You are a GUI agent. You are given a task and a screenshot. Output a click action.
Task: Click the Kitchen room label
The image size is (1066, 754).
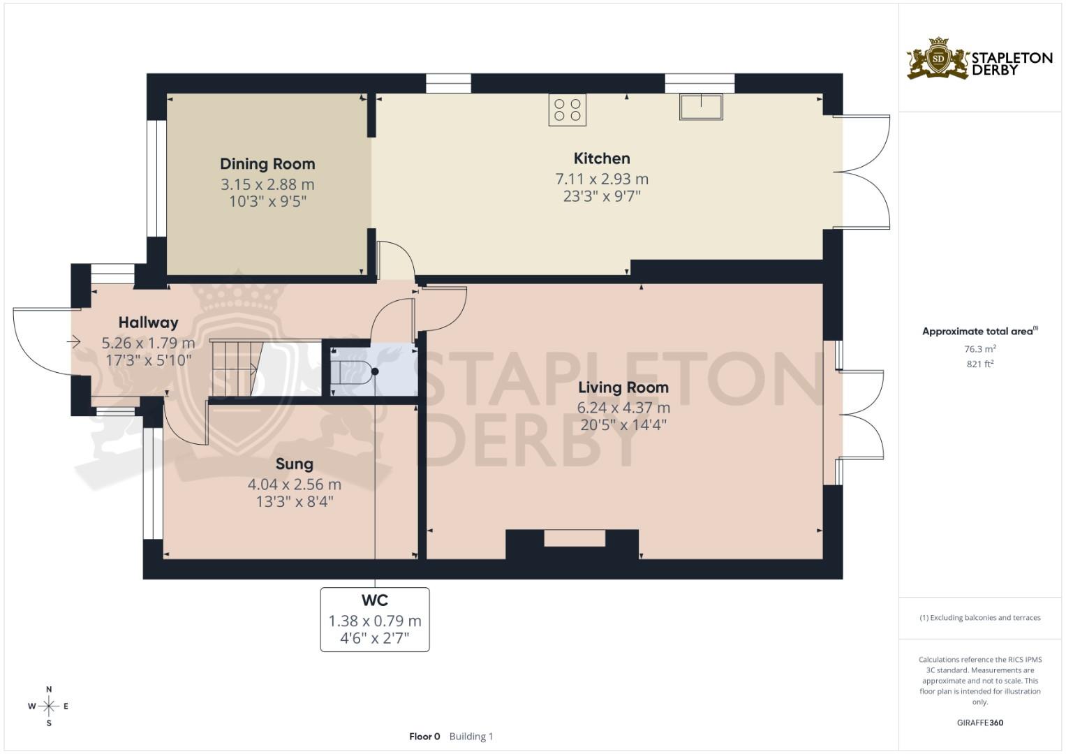601,158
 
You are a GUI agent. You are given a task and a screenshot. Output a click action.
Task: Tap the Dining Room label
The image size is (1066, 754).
267,164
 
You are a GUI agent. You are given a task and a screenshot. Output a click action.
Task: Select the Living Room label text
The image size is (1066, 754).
623,387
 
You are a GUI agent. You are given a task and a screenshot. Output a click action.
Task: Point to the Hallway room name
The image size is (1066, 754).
148,323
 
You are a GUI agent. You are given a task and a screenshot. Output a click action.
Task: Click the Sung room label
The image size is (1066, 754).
294,464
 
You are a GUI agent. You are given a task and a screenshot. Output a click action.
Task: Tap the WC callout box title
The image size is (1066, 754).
374,600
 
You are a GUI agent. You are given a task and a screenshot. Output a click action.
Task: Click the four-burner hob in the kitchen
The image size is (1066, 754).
567,110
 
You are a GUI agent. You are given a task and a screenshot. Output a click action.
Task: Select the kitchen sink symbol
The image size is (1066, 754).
701,107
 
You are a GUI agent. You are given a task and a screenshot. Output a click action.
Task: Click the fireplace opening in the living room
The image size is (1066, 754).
575,538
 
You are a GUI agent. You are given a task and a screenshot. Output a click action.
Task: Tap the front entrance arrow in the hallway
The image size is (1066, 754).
73,341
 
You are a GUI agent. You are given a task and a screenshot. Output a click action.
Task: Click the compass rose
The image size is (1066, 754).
48,706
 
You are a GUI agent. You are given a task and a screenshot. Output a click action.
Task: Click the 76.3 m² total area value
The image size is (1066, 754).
979,349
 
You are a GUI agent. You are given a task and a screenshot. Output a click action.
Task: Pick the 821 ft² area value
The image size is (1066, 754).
979,364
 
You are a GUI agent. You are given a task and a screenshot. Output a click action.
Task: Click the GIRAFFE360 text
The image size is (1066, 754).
979,723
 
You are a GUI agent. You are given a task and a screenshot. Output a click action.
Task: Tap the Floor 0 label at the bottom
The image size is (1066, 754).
424,736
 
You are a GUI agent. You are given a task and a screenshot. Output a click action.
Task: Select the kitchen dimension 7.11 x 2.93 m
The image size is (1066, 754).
601,179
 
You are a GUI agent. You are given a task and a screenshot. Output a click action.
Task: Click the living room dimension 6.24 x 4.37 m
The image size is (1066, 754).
623,408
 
